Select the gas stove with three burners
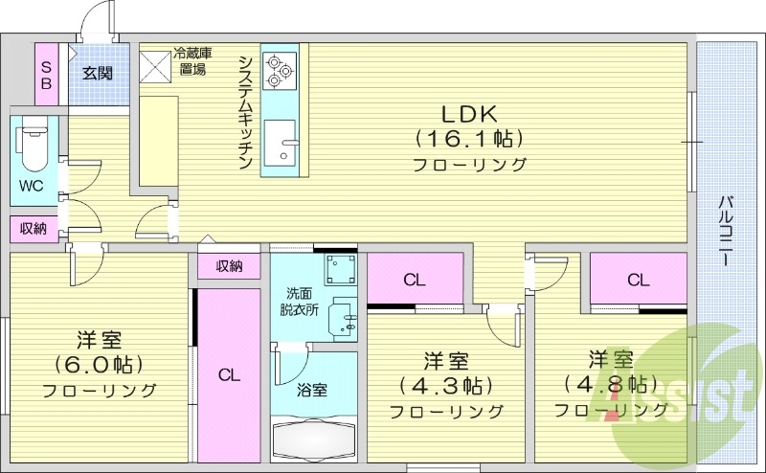(x=281, y=68)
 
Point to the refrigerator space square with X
(x=155, y=64)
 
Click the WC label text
(x=30, y=185)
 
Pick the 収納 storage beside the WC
(x=33, y=228)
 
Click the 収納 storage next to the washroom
(x=229, y=266)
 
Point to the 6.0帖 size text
(x=99, y=365)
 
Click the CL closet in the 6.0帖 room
(x=228, y=375)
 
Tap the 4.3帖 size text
(x=446, y=386)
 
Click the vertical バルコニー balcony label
(x=728, y=231)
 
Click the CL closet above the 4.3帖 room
(x=414, y=280)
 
